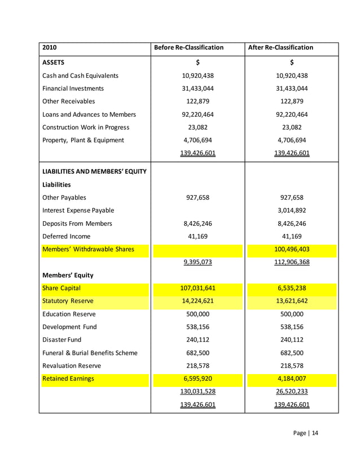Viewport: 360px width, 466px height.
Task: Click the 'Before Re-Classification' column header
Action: [188, 47]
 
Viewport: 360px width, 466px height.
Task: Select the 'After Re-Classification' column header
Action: [280, 47]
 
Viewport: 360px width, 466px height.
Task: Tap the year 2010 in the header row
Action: [50, 47]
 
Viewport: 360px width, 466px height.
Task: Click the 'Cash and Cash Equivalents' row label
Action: [81, 76]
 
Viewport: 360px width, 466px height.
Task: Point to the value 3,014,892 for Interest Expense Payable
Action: [292, 210]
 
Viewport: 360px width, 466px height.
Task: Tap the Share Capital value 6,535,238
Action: [292, 288]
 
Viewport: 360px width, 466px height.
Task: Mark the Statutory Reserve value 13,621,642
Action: [292, 301]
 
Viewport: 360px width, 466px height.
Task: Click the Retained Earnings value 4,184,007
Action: [292, 379]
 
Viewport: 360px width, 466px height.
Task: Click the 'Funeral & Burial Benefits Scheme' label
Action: [90, 353]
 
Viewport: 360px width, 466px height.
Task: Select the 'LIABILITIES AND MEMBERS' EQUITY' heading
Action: [94, 172]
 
